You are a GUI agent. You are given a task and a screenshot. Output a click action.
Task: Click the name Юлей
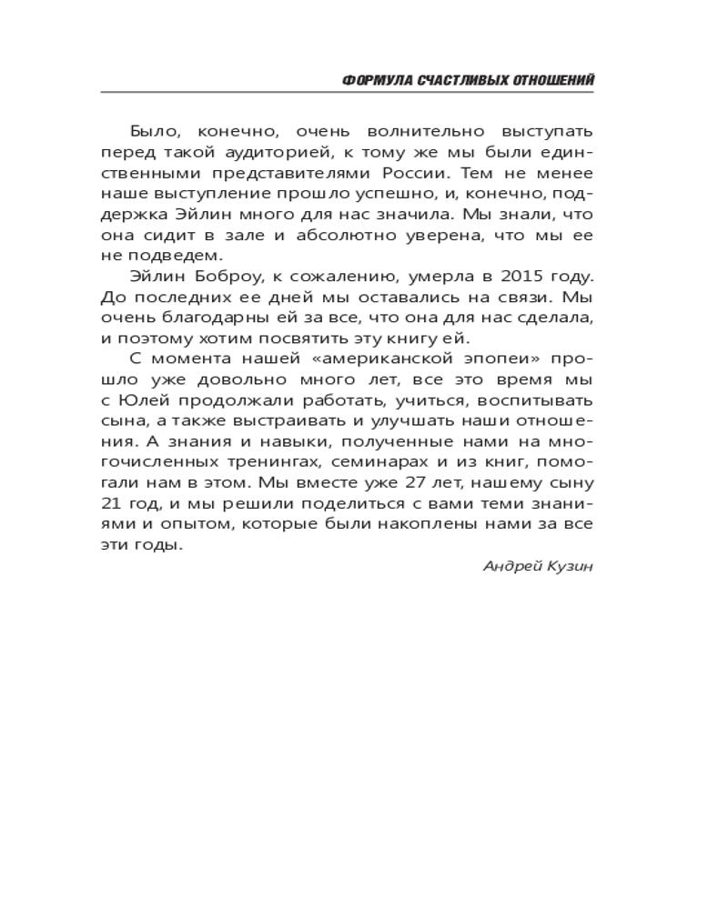click(x=140, y=401)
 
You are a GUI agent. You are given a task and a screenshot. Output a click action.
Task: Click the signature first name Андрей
click(x=508, y=566)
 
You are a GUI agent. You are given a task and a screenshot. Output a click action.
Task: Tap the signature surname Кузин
click(x=570, y=566)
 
